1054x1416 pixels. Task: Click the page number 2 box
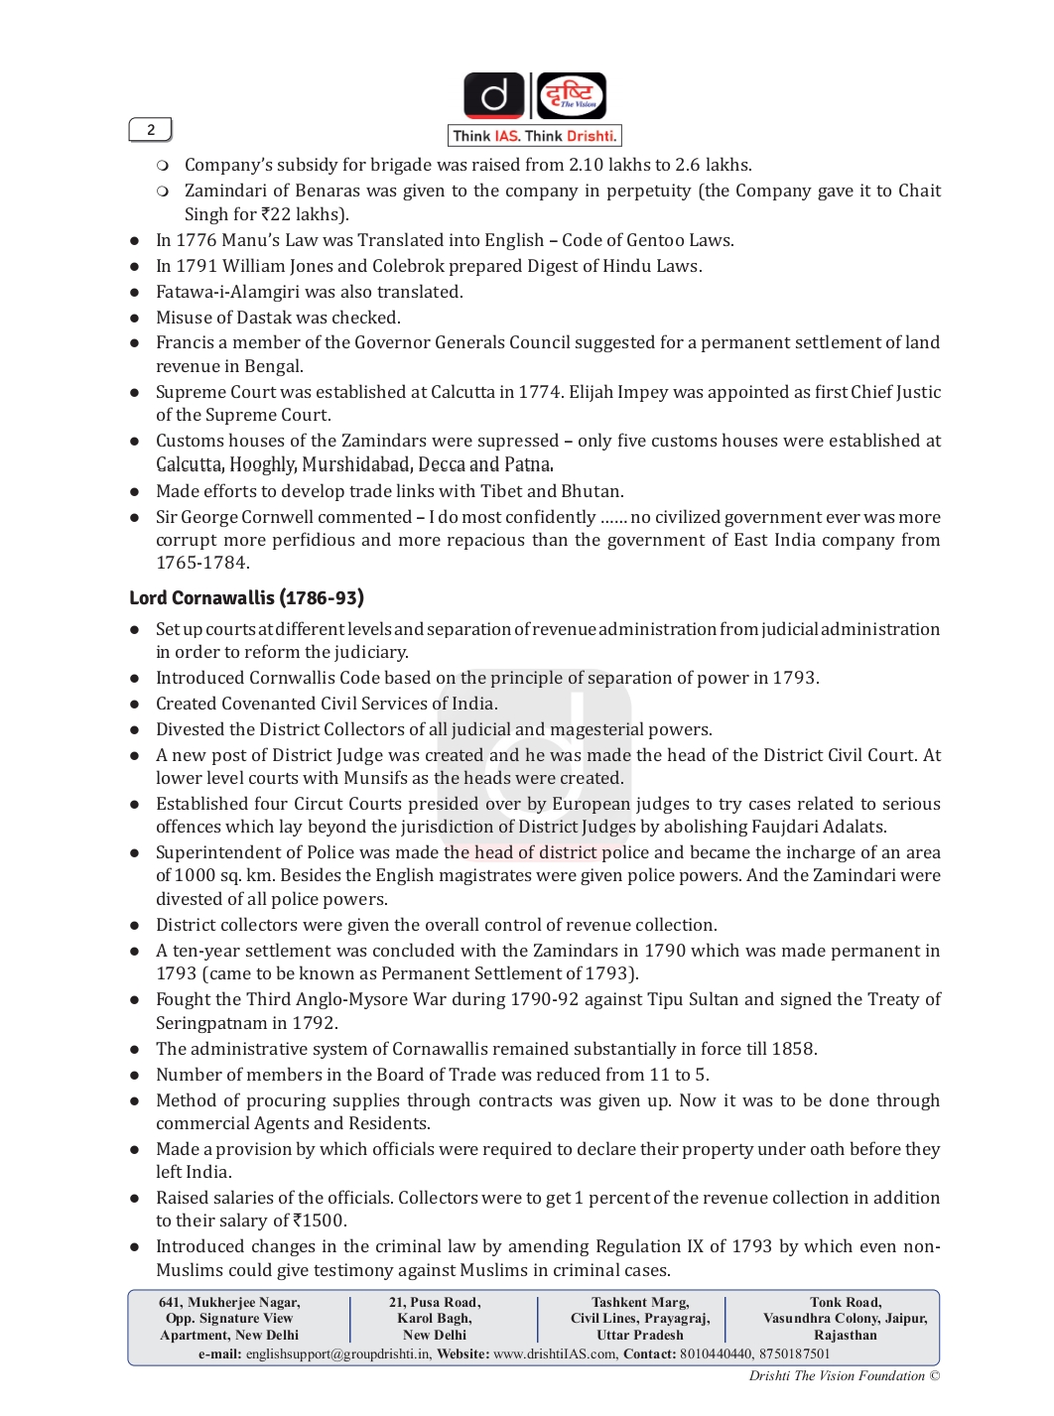(x=151, y=130)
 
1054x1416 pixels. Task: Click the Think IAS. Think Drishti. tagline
(x=535, y=136)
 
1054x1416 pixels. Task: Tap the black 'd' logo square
(x=494, y=96)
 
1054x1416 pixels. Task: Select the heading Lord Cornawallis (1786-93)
(x=246, y=597)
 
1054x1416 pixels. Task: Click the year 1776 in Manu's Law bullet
(x=197, y=240)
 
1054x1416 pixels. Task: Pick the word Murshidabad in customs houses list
(x=355, y=464)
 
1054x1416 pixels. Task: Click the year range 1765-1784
(x=202, y=563)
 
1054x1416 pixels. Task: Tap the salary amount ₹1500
(x=320, y=1221)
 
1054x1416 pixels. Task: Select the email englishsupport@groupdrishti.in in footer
(x=338, y=1353)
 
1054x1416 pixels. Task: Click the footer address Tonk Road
(x=845, y=1302)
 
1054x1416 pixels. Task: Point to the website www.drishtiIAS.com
(x=555, y=1353)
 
